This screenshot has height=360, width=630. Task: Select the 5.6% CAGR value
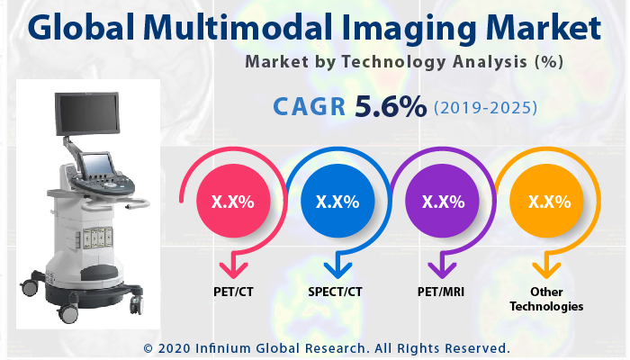(x=391, y=107)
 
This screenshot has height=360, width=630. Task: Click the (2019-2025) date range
(x=486, y=108)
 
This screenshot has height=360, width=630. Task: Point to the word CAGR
(x=310, y=108)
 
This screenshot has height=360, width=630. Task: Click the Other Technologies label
(x=546, y=299)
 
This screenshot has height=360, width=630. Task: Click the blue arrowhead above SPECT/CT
(x=338, y=267)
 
